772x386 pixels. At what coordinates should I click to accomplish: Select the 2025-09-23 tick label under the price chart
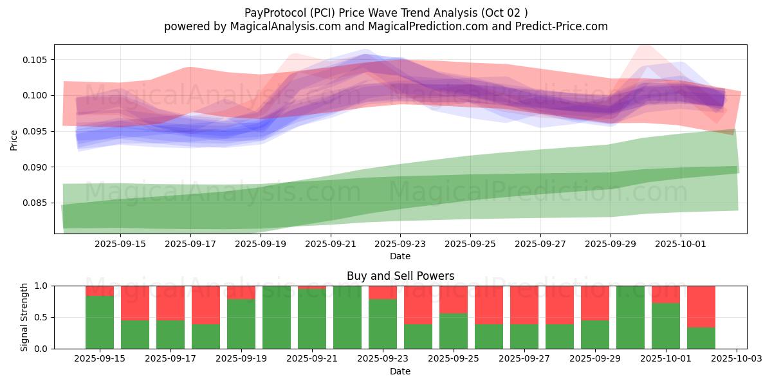[400, 244]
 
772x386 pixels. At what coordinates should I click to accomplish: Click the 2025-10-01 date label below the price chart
[681, 244]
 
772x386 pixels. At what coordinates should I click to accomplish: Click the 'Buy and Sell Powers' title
[400, 276]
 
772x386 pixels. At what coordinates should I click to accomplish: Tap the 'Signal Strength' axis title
[24, 317]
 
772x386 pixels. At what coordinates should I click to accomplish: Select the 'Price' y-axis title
[14, 139]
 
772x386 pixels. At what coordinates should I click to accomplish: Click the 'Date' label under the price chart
[400, 256]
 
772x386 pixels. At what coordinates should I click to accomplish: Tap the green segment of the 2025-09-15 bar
[100, 322]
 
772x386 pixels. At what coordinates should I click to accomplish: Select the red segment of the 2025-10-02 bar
[701, 306]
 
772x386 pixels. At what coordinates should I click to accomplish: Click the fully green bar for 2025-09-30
[630, 317]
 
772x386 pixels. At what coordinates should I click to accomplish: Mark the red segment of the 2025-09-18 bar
[206, 305]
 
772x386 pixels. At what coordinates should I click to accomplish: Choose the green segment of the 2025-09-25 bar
[454, 331]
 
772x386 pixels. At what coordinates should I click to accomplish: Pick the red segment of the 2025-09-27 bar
[524, 305]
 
